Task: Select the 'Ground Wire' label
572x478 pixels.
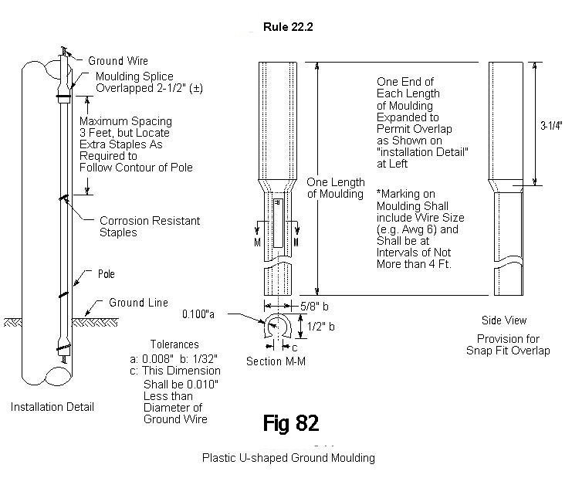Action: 117,60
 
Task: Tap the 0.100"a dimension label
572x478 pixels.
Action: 198,314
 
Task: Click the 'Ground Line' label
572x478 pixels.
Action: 138,303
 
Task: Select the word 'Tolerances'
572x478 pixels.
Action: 175,344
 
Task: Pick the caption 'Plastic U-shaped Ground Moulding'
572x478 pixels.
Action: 288,457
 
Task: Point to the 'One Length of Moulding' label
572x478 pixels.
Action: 335,188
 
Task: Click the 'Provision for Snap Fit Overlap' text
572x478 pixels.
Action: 507,344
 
